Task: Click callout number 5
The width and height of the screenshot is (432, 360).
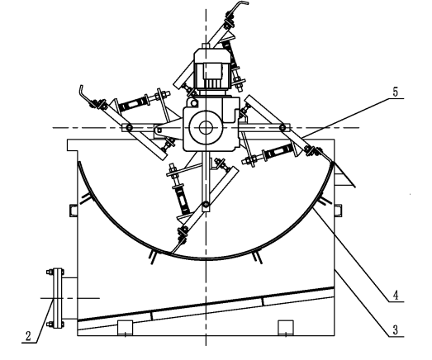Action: (x=396, y=92)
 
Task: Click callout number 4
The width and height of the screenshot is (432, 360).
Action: (x=396, y=296)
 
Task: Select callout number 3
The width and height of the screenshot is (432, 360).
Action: (x=396, y=329)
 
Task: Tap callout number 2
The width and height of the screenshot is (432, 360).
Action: (x=28, y=336)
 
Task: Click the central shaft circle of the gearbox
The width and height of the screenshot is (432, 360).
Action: (x=205, y=128)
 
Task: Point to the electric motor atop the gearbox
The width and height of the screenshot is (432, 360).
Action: (x=211, y=70)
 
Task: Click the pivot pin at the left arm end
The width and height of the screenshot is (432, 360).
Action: (x=129, y=127)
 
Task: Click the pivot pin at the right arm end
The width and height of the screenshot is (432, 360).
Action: (x=282, y=128)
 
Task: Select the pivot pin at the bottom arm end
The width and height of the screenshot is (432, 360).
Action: (x=206, y=205)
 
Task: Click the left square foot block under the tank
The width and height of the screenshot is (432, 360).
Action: (x=126, y=328)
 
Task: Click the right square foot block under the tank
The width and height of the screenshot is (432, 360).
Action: (x=286, y=328)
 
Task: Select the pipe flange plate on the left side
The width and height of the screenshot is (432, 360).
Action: (x=57, y=298)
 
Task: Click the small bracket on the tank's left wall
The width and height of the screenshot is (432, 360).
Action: (x=74, y=211)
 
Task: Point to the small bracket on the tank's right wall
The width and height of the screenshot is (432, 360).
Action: (x=339, y=211)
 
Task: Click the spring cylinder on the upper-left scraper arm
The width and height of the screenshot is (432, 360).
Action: (x=131, y=103)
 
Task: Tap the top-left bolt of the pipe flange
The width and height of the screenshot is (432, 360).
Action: (x=50, y=272)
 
